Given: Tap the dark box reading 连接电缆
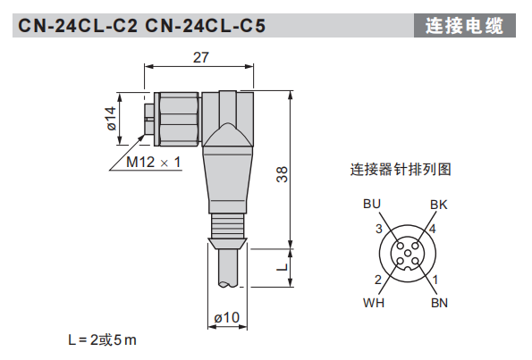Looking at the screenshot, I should tap(465, 26).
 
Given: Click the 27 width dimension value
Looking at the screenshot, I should tap(202, 57).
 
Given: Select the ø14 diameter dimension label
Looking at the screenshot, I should tap(111, 119).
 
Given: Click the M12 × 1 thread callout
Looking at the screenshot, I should tap(153, 163).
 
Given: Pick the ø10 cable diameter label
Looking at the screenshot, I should tap(227, 317).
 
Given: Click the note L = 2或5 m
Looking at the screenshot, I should tap(103, 340).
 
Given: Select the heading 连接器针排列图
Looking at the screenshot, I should tap(400, 169).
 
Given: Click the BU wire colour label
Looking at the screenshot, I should tap(372, 205).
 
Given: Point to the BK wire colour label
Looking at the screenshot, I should tap(438, 205).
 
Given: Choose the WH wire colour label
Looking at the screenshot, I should tap(374, 302).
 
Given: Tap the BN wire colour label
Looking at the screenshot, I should tap(439, 302).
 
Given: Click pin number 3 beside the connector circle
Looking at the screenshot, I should tap(379, 230).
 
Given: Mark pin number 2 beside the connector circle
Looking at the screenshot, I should tap(378, 280).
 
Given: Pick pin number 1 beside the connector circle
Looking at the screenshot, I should tap(435, 280).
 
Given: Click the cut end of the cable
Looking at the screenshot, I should tap(227, 284).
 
